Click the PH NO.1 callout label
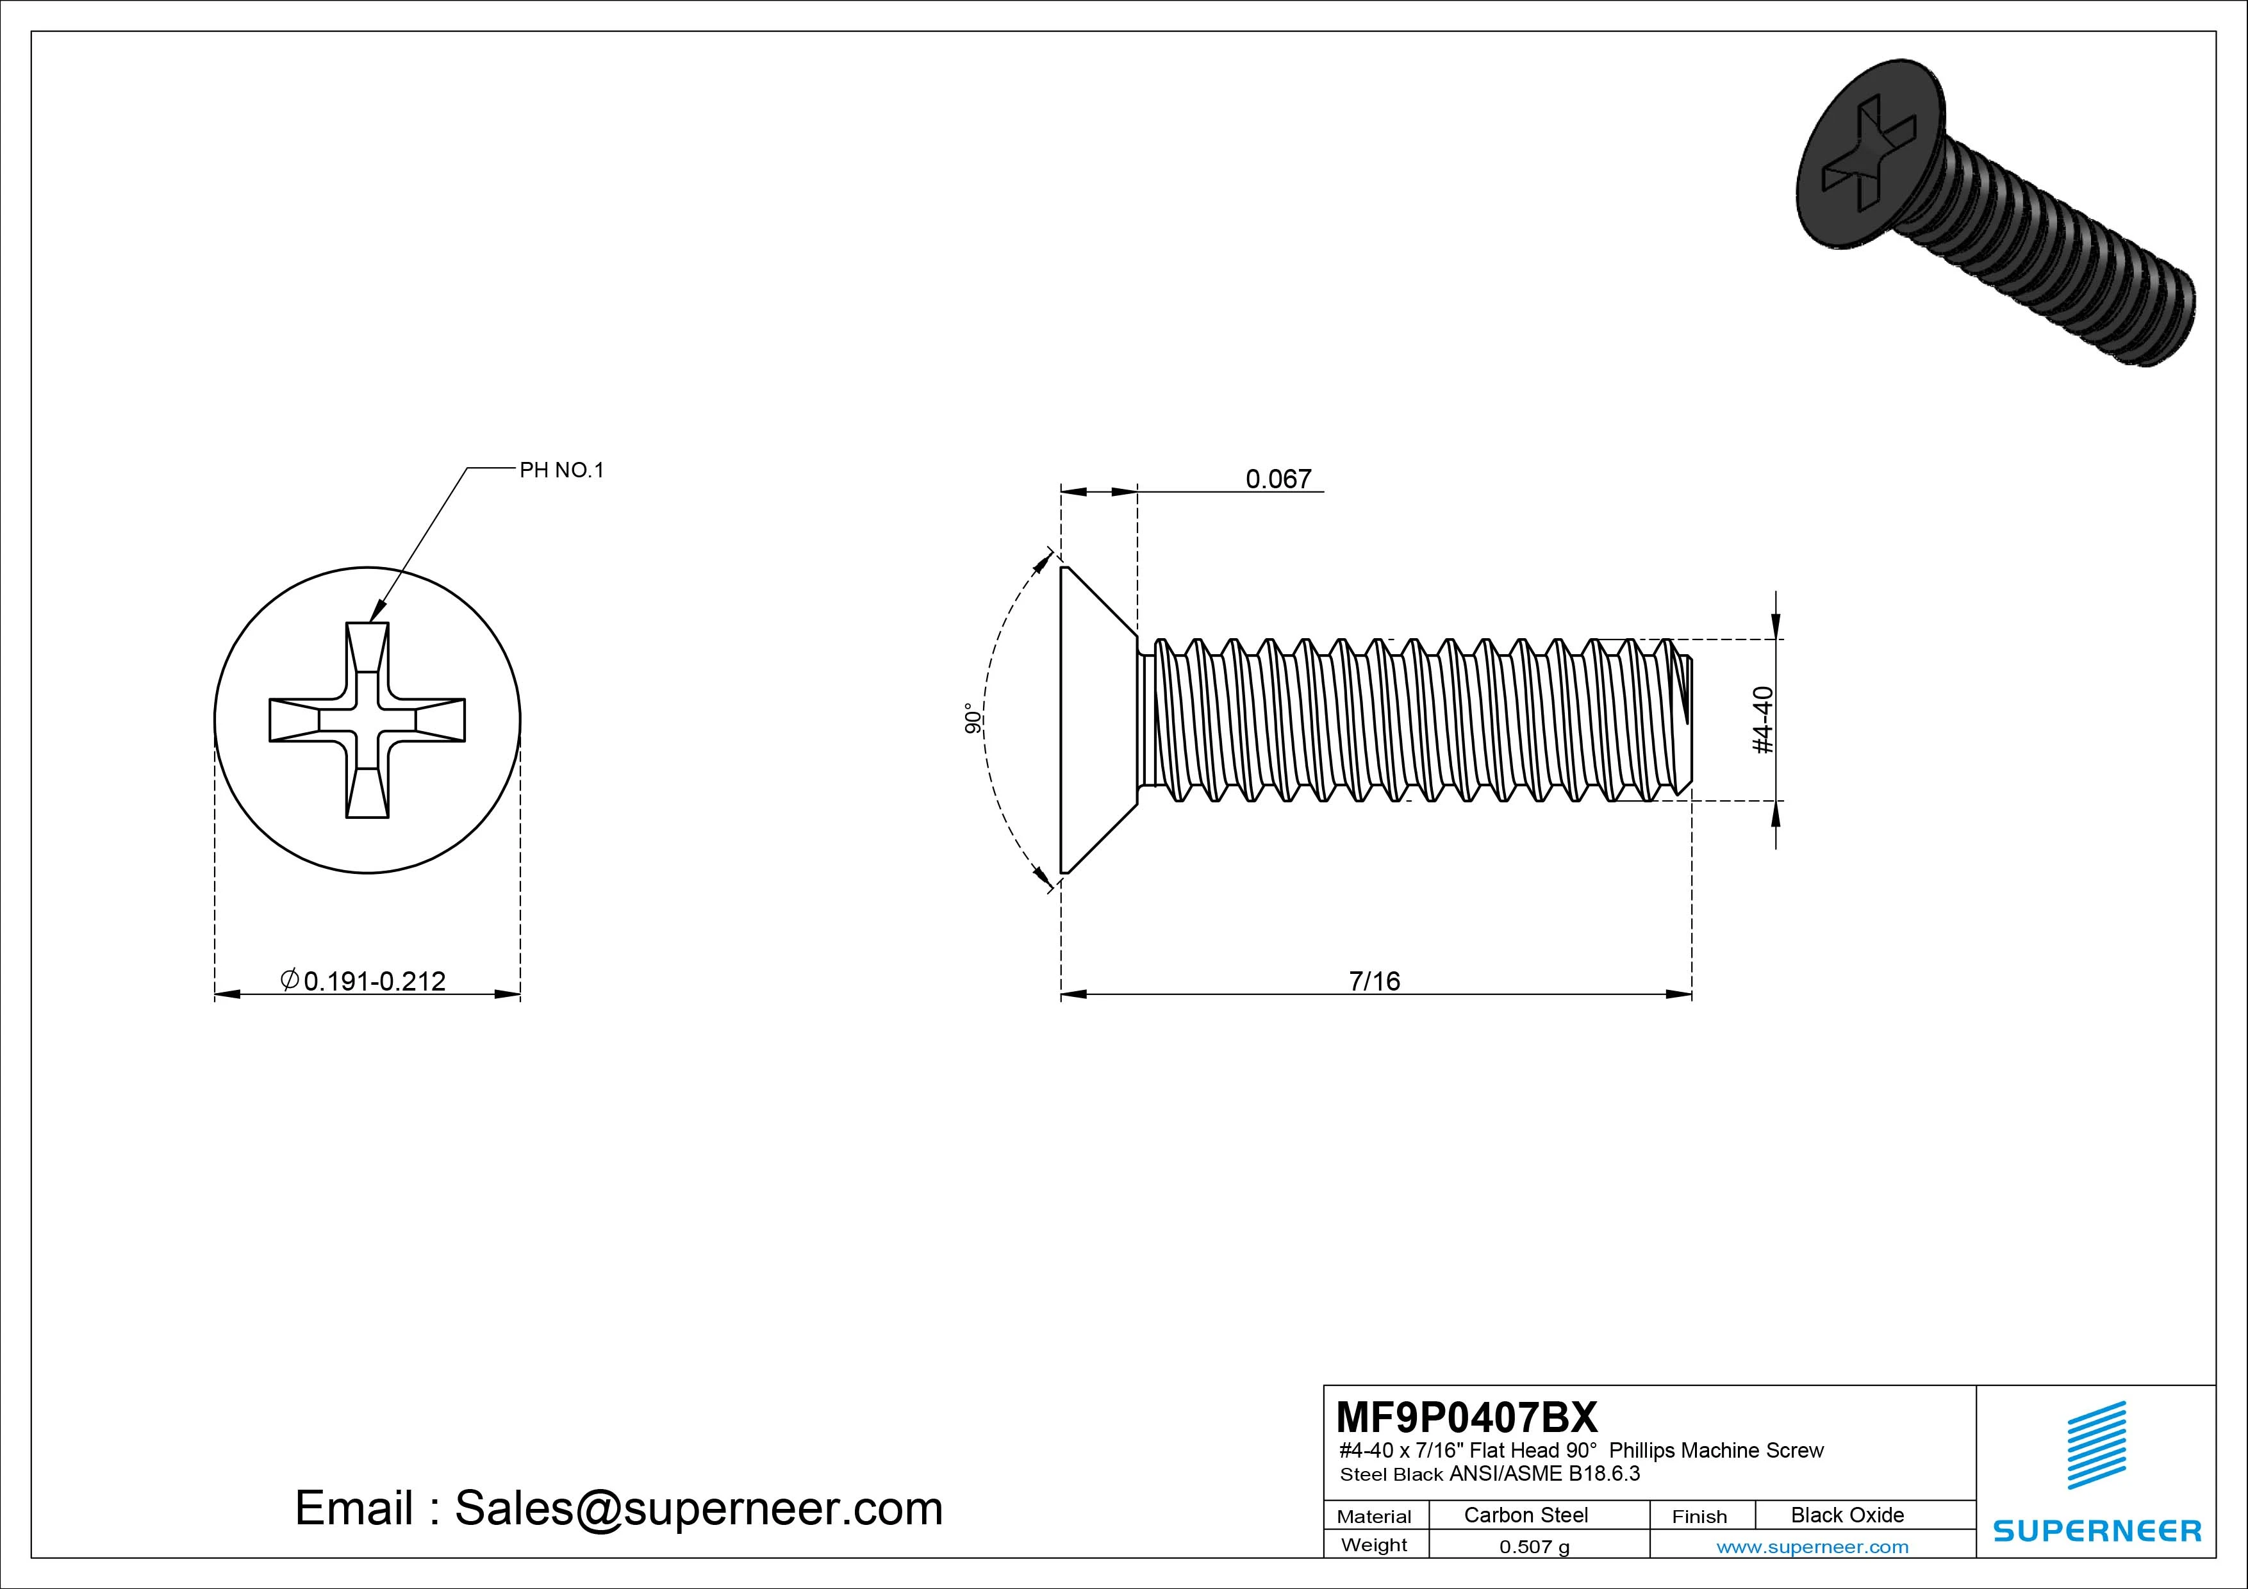point(561,470)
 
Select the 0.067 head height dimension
point(1278,479)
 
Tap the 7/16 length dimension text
point(1374,981)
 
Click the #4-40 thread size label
point(1762,721)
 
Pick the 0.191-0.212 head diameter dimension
point(374,981)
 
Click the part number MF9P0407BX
point(1466,1417)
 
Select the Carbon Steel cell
point(1525,1515)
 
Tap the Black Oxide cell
point(1847,1515)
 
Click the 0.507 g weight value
point(1534,1547)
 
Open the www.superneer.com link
point(1812,1547)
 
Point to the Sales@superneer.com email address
point(698,1509)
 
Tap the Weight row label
point(1374,1545)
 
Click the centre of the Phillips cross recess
point(367,720)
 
